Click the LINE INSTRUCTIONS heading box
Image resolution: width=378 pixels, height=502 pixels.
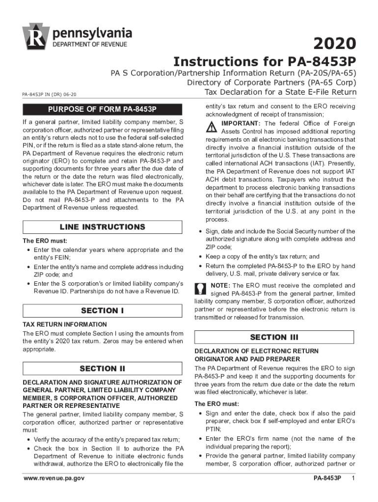click(103, 227)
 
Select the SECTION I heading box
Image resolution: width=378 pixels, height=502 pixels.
click(103, 310)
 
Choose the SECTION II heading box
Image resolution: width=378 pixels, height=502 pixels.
click(103, 369)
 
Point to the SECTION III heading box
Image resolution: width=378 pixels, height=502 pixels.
click(274, 337)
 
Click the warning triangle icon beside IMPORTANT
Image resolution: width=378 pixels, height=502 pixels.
click(211, 127)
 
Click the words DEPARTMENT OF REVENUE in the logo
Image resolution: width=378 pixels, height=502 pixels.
click(90, 45)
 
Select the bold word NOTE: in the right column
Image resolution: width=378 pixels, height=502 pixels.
click(221, 285)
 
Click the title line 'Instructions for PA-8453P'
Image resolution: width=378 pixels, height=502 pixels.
click(265, 62)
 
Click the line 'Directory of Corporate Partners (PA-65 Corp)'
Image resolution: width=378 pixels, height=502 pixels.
click(271, 83)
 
